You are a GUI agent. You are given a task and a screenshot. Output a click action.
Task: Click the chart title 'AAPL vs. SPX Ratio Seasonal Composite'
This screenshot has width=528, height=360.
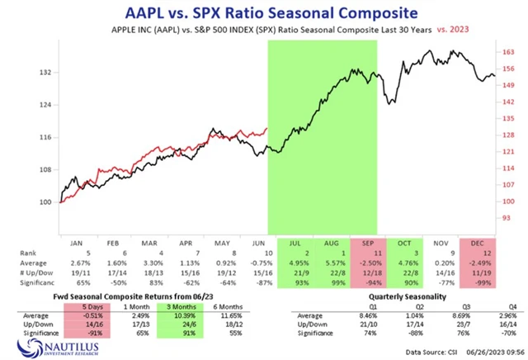tap(263, 12)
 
